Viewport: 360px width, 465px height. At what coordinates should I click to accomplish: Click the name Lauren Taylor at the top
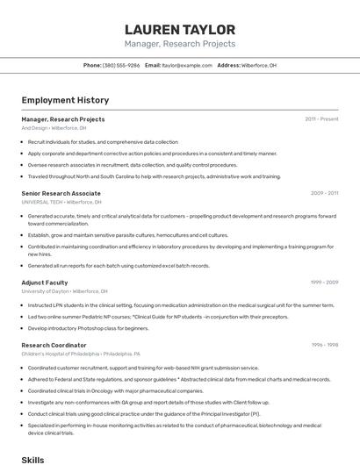click(x=180, y=29)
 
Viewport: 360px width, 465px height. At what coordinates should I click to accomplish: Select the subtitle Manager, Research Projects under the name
click(x=180, y=44)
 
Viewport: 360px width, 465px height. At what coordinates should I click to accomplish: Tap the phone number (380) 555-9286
click(x=121, y=65)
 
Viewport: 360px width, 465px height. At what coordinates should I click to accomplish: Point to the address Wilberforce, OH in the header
click(x=259, y=65)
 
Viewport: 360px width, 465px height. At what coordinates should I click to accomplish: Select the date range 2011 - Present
click(x=321, y=119)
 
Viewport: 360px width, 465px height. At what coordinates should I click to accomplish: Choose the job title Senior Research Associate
click(x=61, y=193)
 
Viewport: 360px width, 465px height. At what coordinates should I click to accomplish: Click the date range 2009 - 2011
click(x=324, y=193)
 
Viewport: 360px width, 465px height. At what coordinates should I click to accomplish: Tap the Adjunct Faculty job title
click(x=45, y=283)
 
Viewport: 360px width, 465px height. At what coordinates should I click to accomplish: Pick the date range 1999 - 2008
click(x=324, y=283)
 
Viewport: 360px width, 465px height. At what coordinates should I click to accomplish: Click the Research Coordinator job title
click(x=54, y=346)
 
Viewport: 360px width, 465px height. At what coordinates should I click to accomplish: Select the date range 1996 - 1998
click(x=324, y=346)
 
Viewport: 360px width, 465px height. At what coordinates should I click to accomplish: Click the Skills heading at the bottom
click(x=32, y=459)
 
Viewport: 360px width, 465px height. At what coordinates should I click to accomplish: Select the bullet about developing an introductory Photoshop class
click(x=88, y=328)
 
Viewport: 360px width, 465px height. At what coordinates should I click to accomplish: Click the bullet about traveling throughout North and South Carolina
click(x=154, y=176)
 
